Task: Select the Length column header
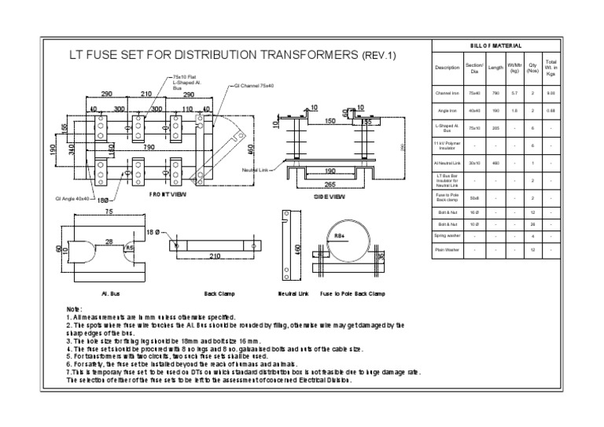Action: point(495,68)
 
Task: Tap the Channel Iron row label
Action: point(447,93)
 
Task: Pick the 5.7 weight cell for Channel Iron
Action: point(514,93)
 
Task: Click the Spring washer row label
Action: point(447,235)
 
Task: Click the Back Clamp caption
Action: point(219,293)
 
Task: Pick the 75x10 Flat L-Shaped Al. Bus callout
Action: point(186,82)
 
